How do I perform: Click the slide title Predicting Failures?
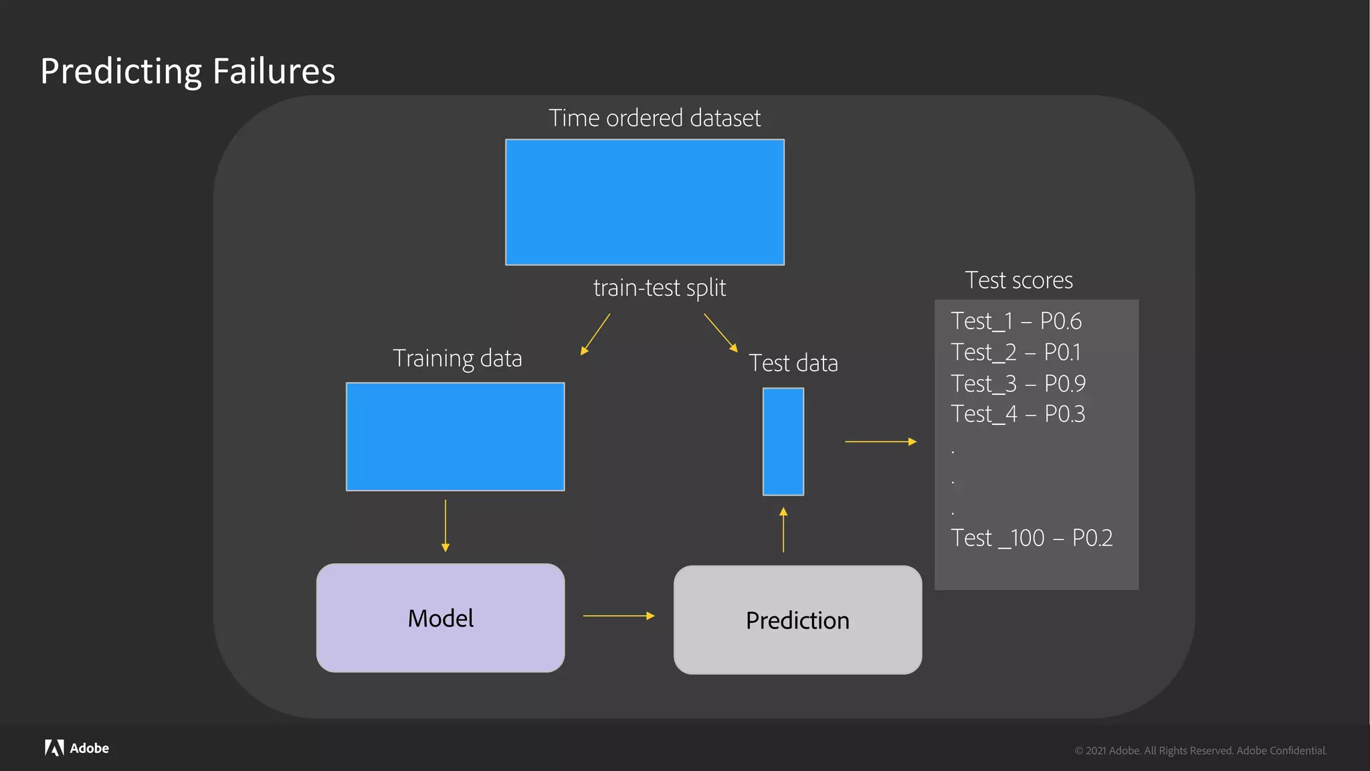(187, 71)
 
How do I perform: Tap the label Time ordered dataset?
(654, 118)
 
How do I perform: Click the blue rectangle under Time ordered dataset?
(645, 202)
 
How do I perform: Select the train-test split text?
(659, 288)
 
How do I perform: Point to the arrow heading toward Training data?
(595, 334)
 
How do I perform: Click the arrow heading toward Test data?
(720, 333)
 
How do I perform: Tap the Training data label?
(457, 358)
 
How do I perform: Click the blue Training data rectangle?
(455, 436)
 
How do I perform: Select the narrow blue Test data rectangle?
(783, 442)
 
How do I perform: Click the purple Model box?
(440, 618)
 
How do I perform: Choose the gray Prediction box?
(797, 620)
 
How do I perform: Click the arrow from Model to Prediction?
(619, 616)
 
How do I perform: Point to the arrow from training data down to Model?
(446, 525)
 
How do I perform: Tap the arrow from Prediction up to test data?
(783, 529)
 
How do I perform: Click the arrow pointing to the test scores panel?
(880, 442)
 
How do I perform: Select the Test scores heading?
(1018, 280)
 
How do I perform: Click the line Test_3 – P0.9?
(1017, 383)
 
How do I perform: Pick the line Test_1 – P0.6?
(1015, 321)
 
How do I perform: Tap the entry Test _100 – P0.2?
(1032, 538)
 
